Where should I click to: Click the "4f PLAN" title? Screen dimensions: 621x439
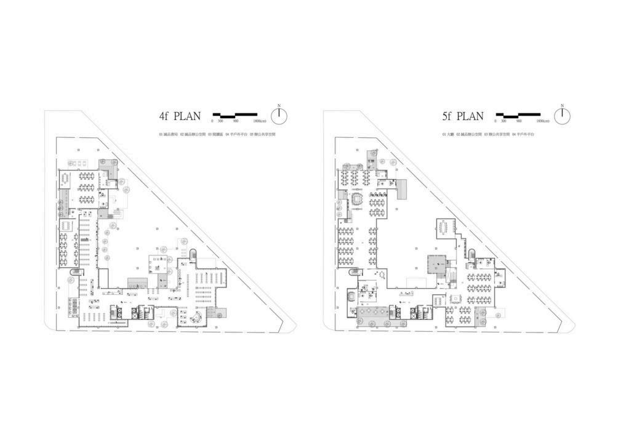point(180,116)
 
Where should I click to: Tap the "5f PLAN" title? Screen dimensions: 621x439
point(463,116)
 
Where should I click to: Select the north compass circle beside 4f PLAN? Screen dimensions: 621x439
point(279,116)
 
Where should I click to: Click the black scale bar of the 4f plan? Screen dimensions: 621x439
point(235,114)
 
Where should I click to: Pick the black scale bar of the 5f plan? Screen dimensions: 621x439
point(518,114)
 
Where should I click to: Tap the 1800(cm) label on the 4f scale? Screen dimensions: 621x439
point(251,121)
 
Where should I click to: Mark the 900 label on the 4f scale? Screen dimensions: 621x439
point(236,121)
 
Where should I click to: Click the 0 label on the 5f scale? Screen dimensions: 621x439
point(496,121)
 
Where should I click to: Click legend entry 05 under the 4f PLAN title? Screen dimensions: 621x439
point(262,134)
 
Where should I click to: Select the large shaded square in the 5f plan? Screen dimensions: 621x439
point(437,264)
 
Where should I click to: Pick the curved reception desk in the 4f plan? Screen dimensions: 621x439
point(198,317)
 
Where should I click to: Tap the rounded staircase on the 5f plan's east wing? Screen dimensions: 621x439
point(472,254)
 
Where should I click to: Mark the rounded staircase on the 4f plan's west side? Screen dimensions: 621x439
point(76,273)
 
